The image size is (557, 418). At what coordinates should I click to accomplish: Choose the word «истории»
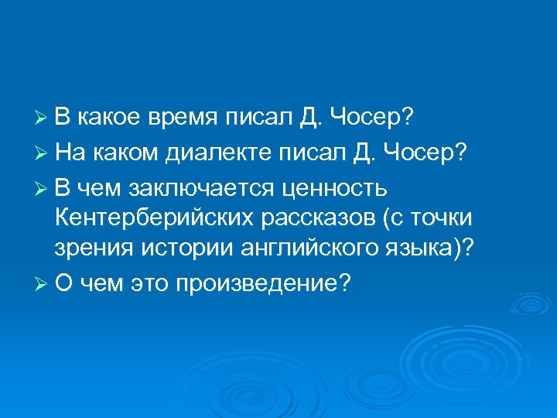pos(176,251)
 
